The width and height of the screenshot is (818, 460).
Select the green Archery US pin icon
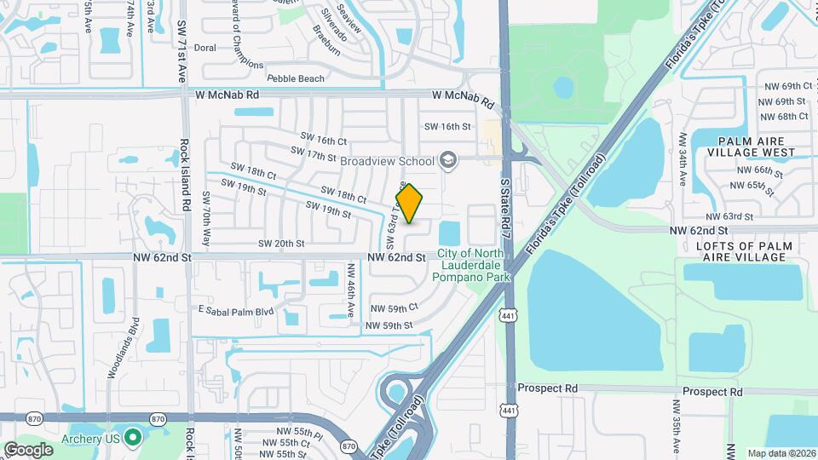(x=132, y=438)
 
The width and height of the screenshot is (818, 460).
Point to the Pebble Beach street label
(x=296, y=78)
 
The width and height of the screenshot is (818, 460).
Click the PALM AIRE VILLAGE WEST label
(x=757, y=147)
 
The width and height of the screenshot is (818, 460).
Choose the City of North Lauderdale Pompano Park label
(x=472, y=265)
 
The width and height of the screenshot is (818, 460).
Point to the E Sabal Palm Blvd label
(x=236, y=310)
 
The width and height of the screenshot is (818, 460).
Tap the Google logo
(x=28, y=449)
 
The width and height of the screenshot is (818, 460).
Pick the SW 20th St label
(x=279, y=244)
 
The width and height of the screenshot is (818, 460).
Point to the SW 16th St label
(x=447, y=126)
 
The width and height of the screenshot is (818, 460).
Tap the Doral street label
(x=205, y=49)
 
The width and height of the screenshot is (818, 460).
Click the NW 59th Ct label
(x=395, y=308)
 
